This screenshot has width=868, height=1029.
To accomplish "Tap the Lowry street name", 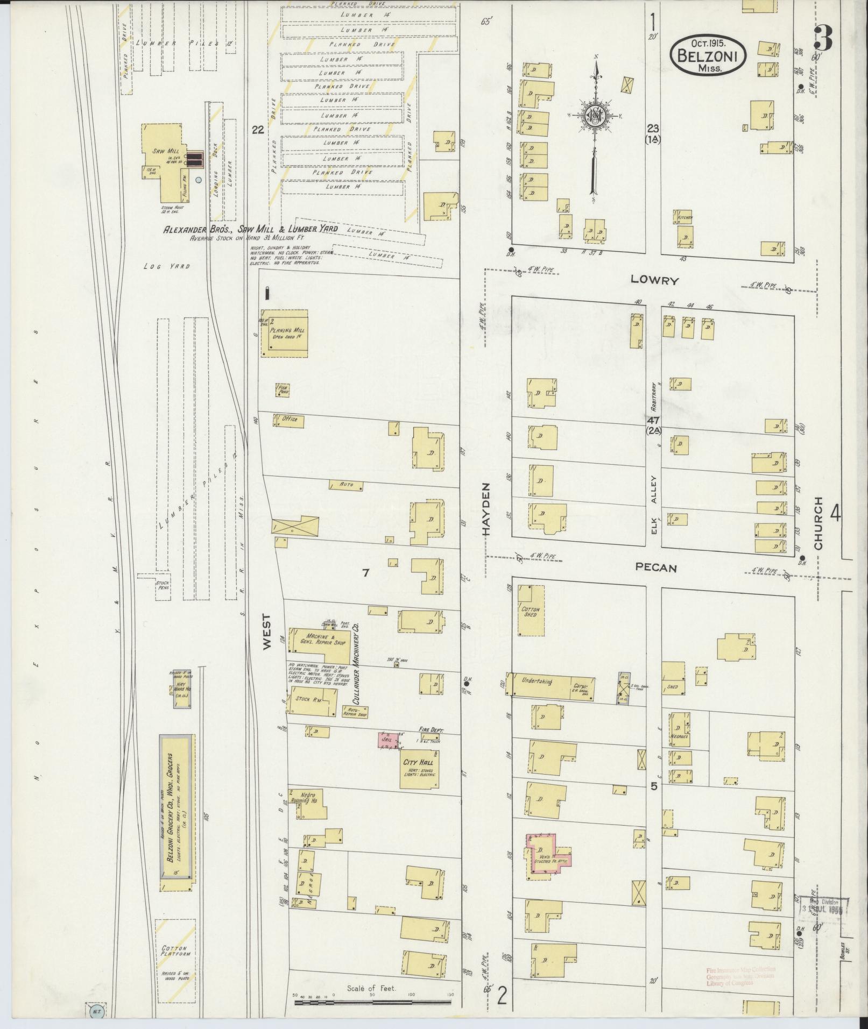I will coord(655,280).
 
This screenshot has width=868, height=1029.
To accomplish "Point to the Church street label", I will coord(818,523).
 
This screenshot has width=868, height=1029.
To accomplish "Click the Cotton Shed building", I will coord(531,611).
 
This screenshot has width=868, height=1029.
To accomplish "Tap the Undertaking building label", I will coord(537,681).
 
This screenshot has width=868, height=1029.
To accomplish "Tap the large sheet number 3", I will coord(823,38).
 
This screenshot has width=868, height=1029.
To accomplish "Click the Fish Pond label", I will coord(283,390).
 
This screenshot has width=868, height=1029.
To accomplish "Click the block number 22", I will coord(258,130).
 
